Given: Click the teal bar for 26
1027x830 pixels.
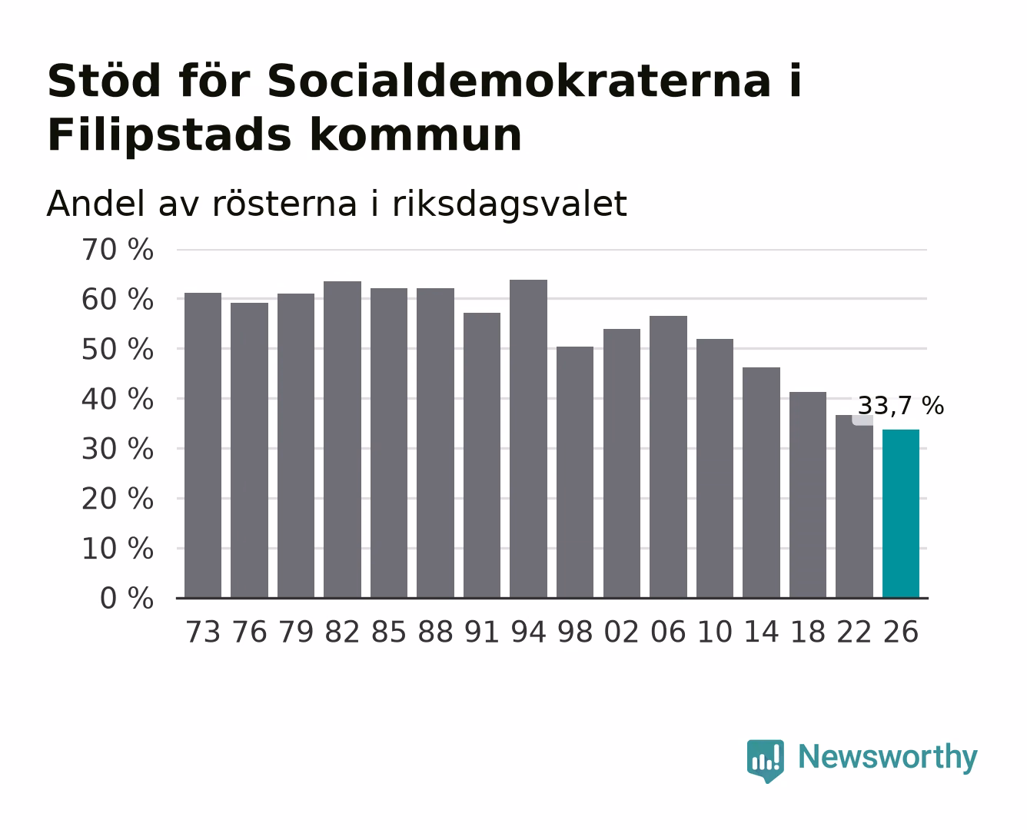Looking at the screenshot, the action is [901, 514].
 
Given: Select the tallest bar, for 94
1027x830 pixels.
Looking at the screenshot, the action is [528, 439].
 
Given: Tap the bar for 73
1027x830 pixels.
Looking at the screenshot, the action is [203, 446].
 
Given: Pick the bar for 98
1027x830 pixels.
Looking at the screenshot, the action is [575, 473].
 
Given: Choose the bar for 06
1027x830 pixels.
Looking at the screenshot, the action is [668, 457].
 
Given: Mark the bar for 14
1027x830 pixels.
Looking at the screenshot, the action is [761, 483].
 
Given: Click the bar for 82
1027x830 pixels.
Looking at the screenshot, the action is [342, 440].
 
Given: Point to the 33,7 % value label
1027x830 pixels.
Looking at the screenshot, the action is [901, 405].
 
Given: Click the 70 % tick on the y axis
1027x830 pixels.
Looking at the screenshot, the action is [117, 250].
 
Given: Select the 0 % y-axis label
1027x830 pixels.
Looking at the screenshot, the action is [126, 599].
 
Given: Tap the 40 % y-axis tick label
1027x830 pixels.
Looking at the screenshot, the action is [117, 400].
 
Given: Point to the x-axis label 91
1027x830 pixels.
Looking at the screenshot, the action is [482, 632].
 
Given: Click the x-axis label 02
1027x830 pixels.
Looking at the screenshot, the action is [621, 632].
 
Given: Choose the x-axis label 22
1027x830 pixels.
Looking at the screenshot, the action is [854, 632].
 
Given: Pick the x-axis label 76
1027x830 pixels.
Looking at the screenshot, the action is [249, 632].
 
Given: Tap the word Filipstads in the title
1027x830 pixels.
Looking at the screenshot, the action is [169, 135].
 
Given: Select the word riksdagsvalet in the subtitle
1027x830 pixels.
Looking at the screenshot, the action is [509, 204].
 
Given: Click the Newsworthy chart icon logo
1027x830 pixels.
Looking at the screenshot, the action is [766, 761].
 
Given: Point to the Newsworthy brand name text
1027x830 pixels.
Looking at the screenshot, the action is [888, 758].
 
